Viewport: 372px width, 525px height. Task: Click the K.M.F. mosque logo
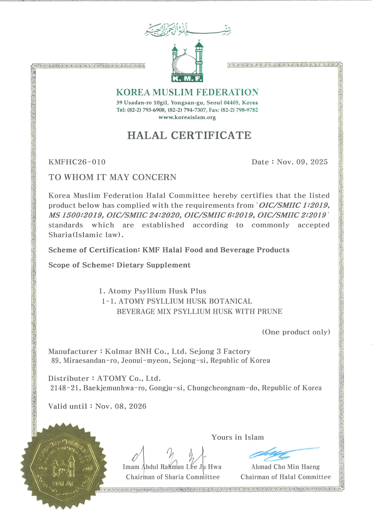(187, 62)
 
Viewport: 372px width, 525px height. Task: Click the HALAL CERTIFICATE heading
(189, 136)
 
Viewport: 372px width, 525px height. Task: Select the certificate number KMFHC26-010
(77, 162)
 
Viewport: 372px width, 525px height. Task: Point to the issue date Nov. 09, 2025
(302, 162)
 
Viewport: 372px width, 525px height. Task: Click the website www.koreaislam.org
(187, 117)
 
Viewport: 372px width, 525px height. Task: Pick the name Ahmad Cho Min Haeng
(285, 467)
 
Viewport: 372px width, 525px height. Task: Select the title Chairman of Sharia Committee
(173, 477)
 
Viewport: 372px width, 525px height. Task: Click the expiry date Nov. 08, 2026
(121, 406)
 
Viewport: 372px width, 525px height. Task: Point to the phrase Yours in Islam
(238, 437)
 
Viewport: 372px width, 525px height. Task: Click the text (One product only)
(296, 332)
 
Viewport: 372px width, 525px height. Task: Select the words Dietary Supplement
(153, 265)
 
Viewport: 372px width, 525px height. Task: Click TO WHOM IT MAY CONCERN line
(112, 177)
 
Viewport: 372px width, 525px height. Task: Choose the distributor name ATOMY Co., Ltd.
(129, 378)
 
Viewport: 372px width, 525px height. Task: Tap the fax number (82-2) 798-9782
(239, 110)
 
